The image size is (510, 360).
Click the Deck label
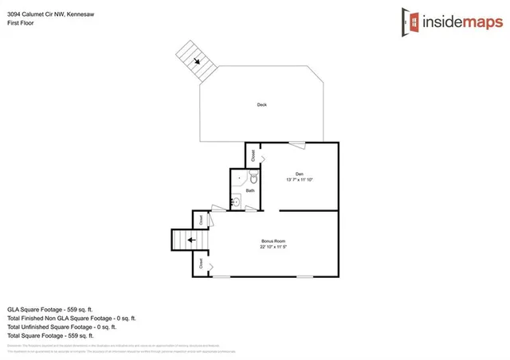[x=261, y=105]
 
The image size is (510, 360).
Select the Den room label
[x=300, y=174]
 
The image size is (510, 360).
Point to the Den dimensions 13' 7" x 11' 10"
[x=300, y=180]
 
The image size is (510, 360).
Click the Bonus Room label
[x=273, y=241]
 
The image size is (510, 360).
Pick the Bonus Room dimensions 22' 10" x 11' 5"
[x=273, y=247]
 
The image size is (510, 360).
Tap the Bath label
[x=250, y=191]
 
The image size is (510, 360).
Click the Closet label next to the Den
[x=253, y=155]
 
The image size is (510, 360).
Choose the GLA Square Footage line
[x=51, y=308]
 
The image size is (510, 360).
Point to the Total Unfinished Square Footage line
[x=62, y=326]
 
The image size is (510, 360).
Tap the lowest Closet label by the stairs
[x=201, y=263]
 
